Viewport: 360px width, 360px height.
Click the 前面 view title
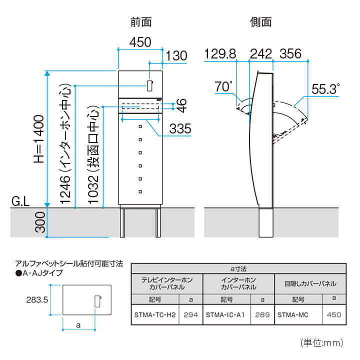click(141, 22)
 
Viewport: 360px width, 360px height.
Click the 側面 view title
click(261, 22)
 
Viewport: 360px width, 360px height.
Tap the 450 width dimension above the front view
click(140, 42)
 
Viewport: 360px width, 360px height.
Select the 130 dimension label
click(176, 56)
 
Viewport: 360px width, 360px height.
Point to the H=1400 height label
click(39, 139)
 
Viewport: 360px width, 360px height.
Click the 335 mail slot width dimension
click(180, 128)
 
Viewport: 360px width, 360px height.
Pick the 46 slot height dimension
click(181, 105)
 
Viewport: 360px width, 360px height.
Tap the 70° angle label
click(223, 86)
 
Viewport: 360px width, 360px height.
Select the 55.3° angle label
click(325, 89)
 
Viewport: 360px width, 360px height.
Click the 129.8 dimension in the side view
click(220, 54)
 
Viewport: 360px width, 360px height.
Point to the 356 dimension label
click(290, 54)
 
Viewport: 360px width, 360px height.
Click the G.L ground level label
click(20, 201)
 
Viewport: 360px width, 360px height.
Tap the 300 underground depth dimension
click(40, 222)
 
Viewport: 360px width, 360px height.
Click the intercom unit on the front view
click(149, 85)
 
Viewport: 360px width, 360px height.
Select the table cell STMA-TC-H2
click(155, 314)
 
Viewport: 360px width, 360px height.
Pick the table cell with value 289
click(262, 314)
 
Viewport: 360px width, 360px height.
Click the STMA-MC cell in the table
click(292, 314)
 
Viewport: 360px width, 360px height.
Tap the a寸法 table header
click(238, 268)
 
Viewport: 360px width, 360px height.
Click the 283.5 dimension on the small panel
click(37, 300)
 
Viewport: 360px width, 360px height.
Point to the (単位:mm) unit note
click(322, 343)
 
